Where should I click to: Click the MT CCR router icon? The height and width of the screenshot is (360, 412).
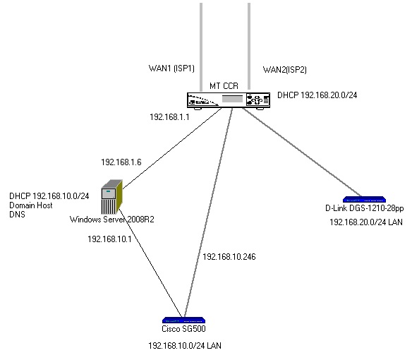(x=229, y=101)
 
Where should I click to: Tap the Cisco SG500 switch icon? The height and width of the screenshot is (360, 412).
(x=183, y=320)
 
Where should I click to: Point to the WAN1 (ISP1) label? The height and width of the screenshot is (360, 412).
(x=170, y=68)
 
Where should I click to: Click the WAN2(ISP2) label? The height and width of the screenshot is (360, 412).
(x=284, y=69)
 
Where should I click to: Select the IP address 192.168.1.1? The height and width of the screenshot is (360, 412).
(x=170, y=117)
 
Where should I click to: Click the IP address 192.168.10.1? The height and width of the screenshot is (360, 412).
(x=109, y=239)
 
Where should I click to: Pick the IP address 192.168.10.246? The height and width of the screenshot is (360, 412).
(x=229, y=256)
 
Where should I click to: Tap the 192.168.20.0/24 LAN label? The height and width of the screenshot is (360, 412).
(x=366, y=222)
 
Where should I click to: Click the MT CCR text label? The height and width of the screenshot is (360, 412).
(x=224, y=85)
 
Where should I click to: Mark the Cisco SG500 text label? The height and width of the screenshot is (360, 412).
(x=183, y=329)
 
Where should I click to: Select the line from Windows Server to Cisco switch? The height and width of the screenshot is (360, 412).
(x=148, y=261)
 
